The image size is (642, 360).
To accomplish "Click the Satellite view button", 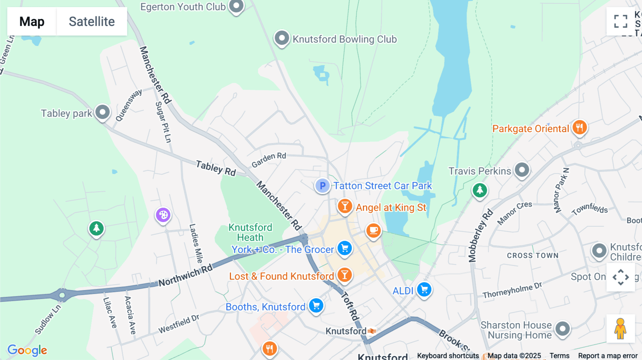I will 92,21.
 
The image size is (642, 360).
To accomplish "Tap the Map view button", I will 32,21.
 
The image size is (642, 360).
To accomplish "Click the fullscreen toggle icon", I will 621,21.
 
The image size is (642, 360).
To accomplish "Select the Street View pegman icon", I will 620,328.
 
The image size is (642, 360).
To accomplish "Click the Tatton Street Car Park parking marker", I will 322,185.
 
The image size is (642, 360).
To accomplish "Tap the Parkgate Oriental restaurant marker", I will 579,127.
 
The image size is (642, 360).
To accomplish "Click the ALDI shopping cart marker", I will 424,289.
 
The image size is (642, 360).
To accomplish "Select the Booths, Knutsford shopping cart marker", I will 316,305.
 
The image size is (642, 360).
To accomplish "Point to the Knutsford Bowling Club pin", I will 282,38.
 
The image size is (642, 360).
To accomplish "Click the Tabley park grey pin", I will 102,112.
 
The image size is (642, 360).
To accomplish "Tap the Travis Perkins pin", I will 522,170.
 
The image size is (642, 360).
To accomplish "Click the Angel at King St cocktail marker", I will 345,206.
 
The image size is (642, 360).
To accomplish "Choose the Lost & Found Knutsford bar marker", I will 345,275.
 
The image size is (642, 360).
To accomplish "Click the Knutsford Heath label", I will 250,232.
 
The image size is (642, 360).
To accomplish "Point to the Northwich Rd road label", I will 185,276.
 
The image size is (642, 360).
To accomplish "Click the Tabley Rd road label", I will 216,168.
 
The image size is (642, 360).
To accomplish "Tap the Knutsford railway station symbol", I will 372,331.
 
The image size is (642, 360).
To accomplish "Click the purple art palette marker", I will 163,215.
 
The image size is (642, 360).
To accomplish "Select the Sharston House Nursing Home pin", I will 562,328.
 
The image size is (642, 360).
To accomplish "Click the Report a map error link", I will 607,356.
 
